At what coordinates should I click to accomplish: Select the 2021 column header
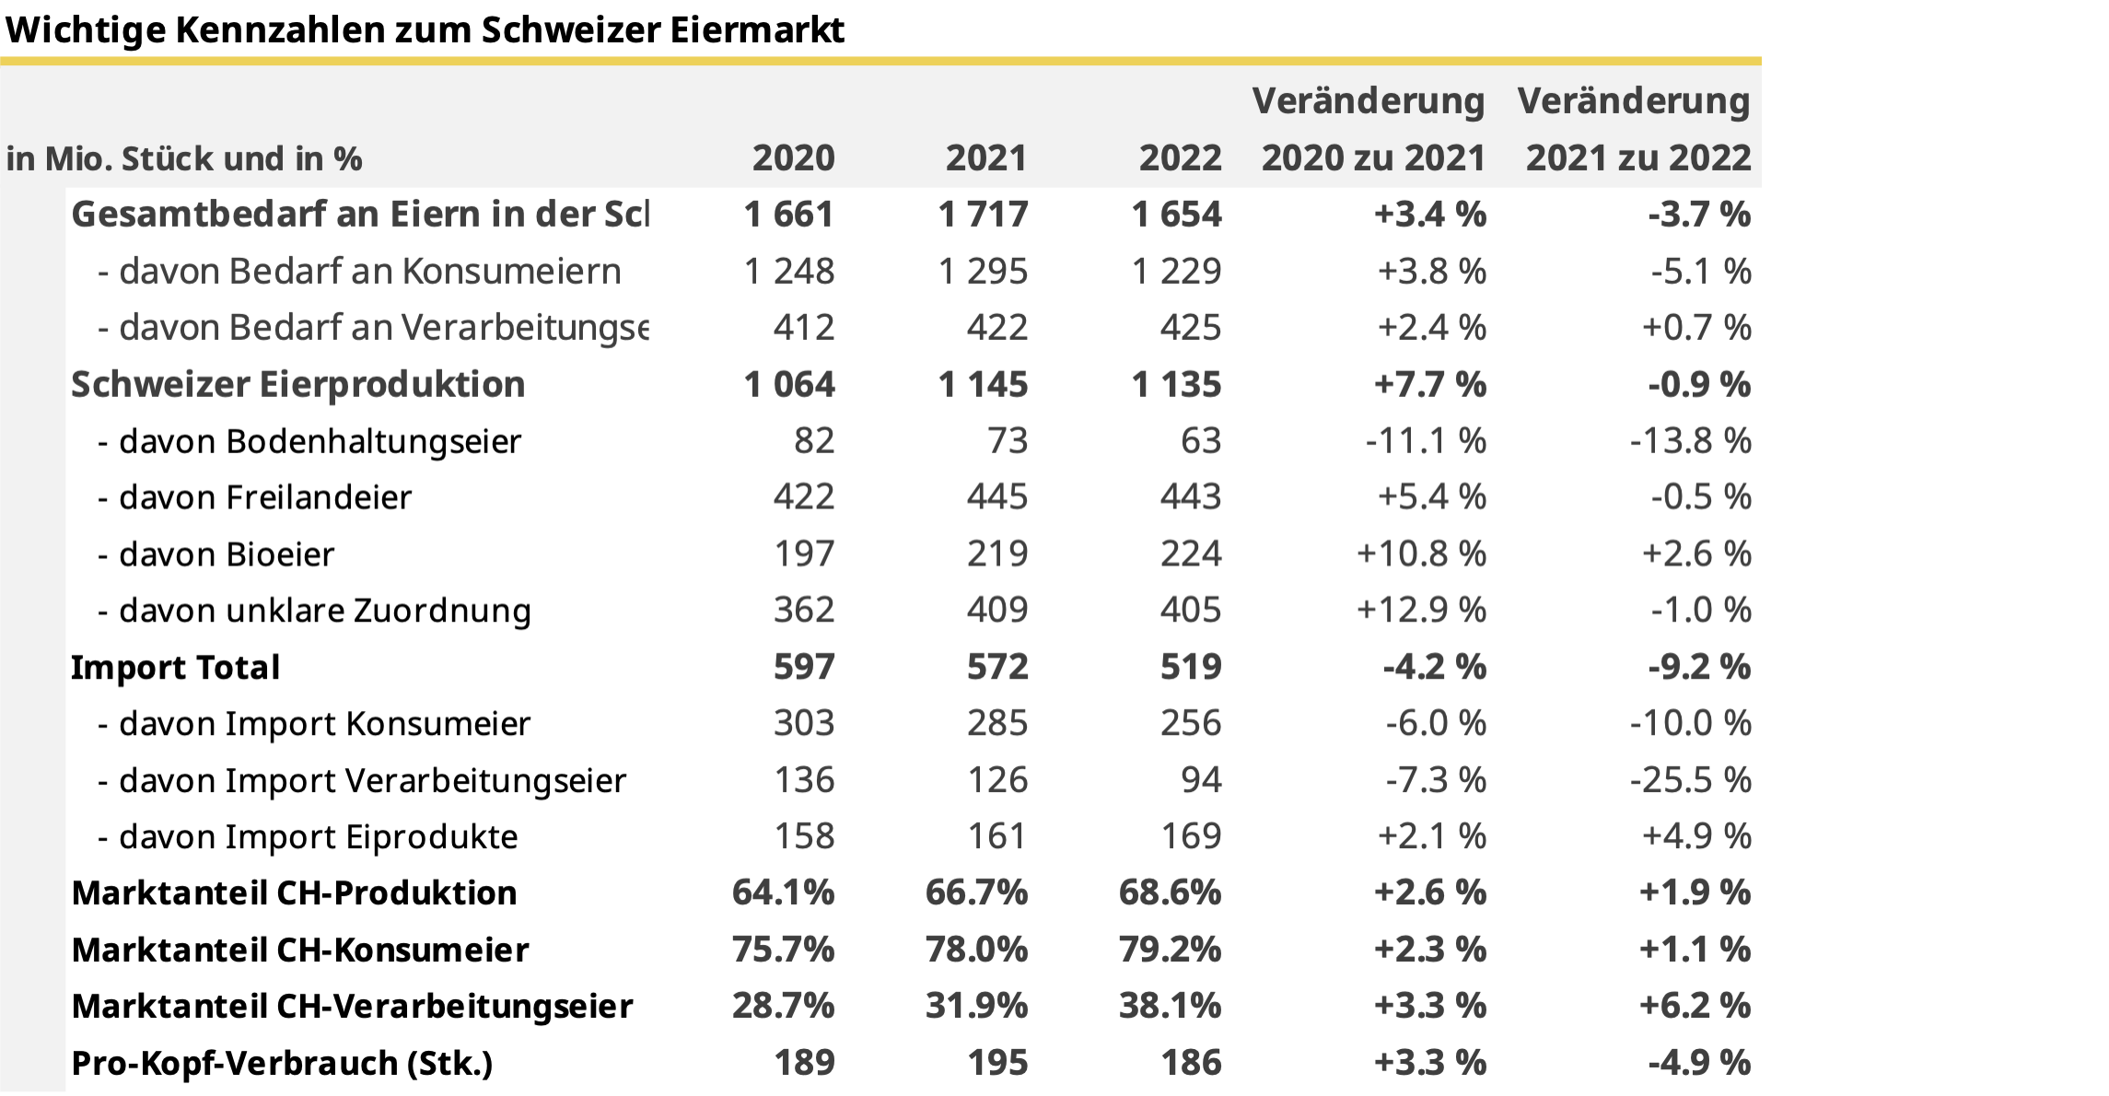click(985, 158)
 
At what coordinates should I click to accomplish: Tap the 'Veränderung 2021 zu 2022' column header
click(1636, 130)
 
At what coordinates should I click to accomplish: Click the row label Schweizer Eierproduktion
click(297, 385)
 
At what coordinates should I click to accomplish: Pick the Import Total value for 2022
click(1190, 667)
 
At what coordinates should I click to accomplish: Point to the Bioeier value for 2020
click(803, 554)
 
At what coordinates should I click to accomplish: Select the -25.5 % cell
click(1690, 780)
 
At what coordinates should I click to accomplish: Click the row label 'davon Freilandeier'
click(264, 498)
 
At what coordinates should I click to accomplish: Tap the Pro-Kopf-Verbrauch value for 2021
click(996, 1063)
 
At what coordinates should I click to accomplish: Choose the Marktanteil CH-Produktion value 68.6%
click(1170, 892)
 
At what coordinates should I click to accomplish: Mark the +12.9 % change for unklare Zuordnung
click(1420, 611)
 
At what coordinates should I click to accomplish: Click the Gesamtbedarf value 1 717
click(982, 215)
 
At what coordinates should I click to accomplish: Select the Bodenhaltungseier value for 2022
click(1200, 441)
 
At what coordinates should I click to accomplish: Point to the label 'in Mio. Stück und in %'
click(184, 159)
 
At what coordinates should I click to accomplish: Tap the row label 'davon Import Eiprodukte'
click(318, 837)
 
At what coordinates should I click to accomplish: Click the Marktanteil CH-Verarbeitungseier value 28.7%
click(783, 1006)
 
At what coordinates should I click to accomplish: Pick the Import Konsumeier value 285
click(996, 724)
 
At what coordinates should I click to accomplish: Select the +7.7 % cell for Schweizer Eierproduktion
click(1429, 385)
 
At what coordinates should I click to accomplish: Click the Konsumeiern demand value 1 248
click(788, 272)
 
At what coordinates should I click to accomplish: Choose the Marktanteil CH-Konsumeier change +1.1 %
click(1695, 950)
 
